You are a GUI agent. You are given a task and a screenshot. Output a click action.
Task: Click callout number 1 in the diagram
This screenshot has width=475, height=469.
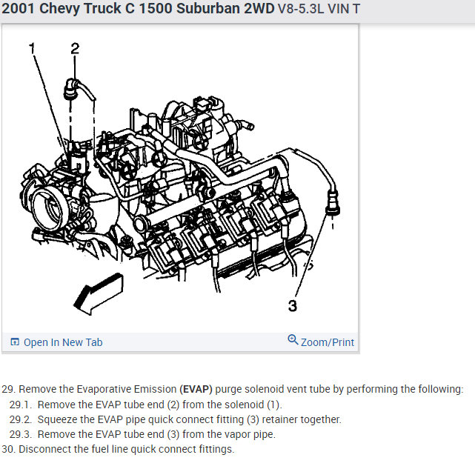[32, 49]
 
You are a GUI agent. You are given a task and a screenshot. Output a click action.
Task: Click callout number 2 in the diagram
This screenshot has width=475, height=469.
[75, 49]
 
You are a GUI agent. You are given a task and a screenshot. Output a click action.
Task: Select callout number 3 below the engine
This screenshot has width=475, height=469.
[293, 306]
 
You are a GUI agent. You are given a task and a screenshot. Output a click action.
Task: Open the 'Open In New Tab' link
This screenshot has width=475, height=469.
[63, 342]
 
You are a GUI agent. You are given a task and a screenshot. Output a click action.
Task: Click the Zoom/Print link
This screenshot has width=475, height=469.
[327, 342]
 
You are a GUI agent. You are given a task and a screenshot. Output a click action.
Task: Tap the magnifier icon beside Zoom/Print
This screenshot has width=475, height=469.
[293, 341]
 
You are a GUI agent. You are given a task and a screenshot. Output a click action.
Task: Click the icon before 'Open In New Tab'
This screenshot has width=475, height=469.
[15, 342]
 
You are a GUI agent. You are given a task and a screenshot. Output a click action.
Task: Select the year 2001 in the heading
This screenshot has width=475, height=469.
[21, 10]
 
